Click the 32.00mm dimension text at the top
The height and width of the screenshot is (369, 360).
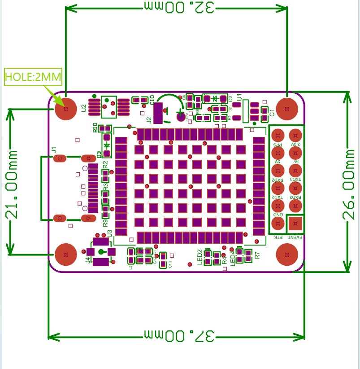point(176,7)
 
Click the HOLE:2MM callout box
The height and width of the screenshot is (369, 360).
point(33,77)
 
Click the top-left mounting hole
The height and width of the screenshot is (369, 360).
point(66,109)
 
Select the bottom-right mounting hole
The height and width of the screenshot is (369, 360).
point(287,255)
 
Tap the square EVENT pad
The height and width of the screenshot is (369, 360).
point(295,223)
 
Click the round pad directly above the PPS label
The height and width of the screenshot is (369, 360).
point(278,135)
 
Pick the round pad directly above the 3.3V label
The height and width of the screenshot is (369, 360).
point(295,135)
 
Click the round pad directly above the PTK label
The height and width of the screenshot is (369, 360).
point(278,223)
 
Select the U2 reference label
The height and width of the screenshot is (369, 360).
point(84,108)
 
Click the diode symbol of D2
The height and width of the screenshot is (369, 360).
point(215,98)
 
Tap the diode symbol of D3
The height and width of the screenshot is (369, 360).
point(107,145)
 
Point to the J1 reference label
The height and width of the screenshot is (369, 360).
point(54,149)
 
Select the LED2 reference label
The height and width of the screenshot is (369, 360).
point(200,258)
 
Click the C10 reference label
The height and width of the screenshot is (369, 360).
point(152,100)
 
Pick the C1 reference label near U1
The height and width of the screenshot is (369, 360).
point(272,112)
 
